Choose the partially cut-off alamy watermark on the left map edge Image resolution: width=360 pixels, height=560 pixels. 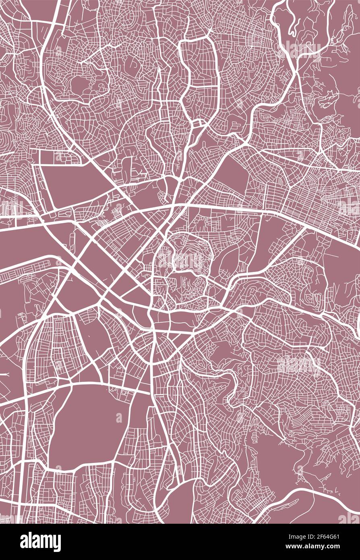10,207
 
